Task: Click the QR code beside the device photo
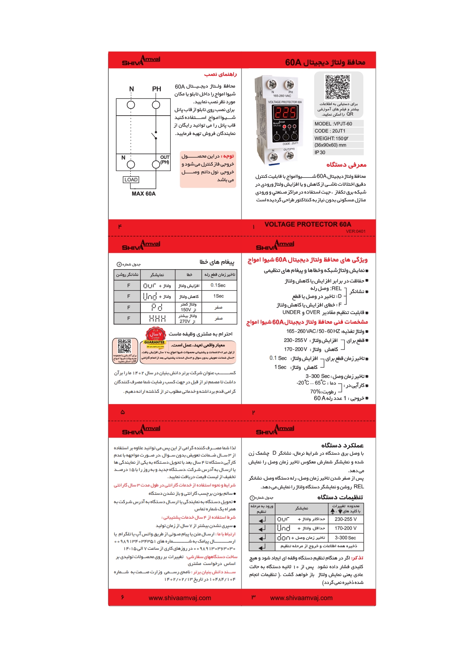click(x=338, y=87)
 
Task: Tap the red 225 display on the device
click(x=285, y=113)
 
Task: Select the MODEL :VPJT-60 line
click(x=333, y=124)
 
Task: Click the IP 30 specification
click(x=320, y=152)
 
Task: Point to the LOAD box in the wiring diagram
click(x=131, y=180)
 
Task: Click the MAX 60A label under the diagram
click(x=143, y=194)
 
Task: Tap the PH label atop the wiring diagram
click(x=156, y=89)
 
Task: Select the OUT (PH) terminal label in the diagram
click(x=165, y=160)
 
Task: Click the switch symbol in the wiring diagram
click(x=154, y=135)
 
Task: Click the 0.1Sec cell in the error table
click(x=218, y=285)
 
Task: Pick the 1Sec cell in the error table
click(x=218, y=296)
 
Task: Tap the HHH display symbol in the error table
click(x=157, y=318)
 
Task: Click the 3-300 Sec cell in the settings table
click(x=345, y=538)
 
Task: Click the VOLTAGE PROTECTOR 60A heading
click(x=308, y=224)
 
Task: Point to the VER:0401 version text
click(x=355, y=231)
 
